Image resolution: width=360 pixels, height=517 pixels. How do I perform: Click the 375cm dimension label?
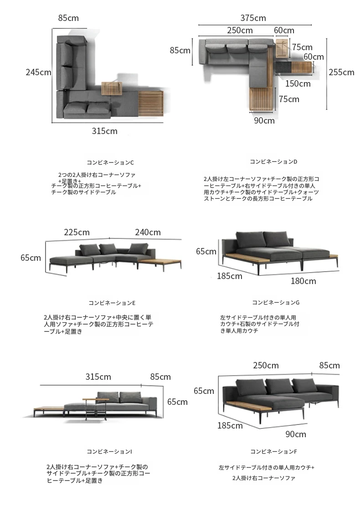pos(253,18)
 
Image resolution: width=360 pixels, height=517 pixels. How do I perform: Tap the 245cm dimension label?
pos(39,72)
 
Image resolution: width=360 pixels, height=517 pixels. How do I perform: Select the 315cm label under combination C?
pos(104,131)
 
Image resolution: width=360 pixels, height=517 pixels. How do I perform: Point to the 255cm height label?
pos(341,72)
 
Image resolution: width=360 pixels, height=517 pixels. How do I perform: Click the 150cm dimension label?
pos(298,83)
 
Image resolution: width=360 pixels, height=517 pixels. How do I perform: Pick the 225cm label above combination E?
pos(77,232)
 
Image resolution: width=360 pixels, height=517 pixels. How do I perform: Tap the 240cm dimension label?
pos(148,232)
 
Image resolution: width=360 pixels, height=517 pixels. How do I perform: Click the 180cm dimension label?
pos(303,281)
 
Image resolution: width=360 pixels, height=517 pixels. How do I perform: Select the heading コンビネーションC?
pos(110,163)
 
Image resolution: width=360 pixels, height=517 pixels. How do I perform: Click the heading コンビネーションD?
pos(273,161)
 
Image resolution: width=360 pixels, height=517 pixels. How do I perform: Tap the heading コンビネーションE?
pos(112,303)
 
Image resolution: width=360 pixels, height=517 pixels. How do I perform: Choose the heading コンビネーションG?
pos(276,302)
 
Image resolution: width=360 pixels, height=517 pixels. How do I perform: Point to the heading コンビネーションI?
pos(109,451)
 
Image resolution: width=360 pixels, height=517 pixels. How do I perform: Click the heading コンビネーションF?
pos(273,451)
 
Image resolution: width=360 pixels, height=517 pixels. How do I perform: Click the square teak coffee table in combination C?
pos(112,88)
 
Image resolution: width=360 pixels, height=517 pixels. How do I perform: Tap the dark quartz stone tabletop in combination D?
pos(283,67)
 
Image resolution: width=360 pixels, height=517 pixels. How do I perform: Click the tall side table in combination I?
pos(96,409)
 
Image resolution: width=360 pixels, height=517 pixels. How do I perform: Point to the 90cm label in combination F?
pos(296,434)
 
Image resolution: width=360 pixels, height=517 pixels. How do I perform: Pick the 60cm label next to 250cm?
pos(284,31)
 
